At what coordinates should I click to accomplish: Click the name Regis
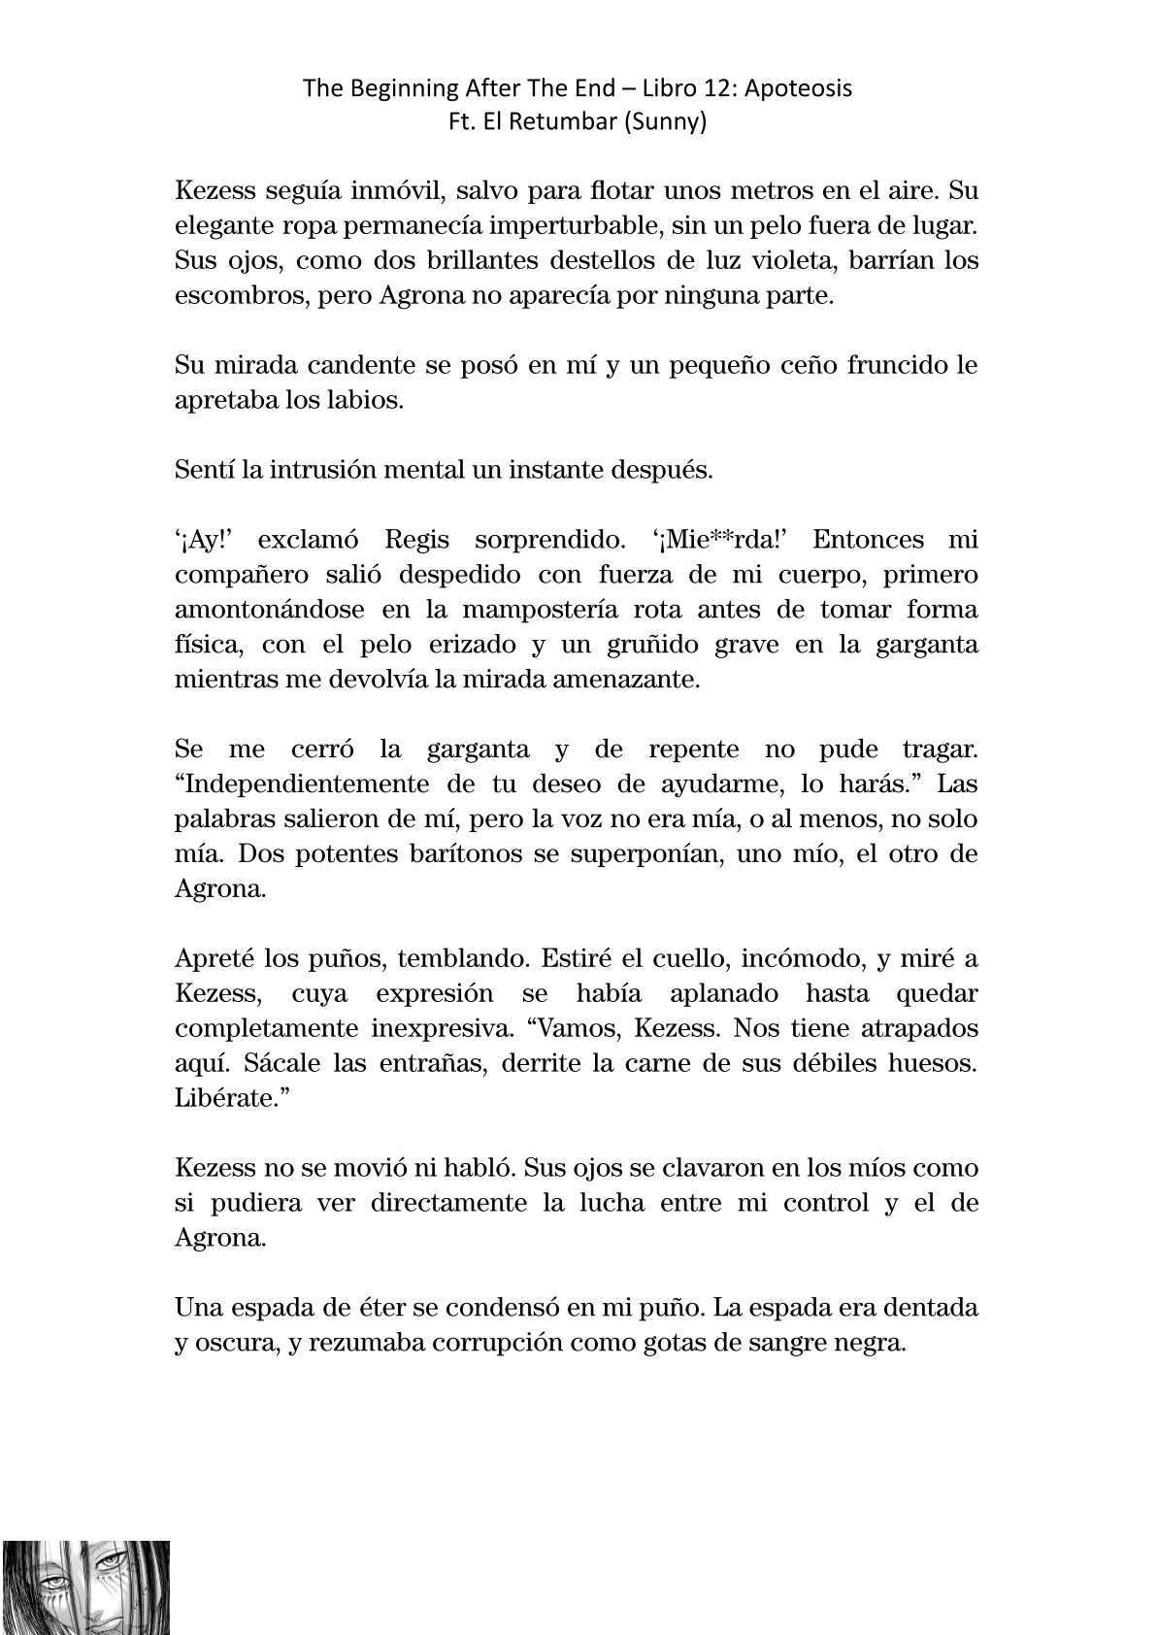pos(417,540)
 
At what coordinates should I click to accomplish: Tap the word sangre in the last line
pos(799,1342)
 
